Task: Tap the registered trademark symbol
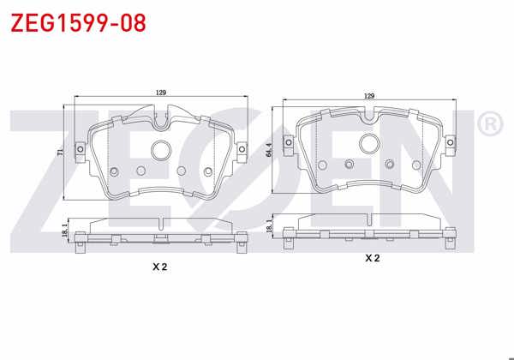click(490, 125)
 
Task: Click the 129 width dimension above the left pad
click(160, 93)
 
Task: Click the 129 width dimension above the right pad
click(370, 96)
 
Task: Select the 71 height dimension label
click(59, 152)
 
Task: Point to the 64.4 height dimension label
click(268, 150)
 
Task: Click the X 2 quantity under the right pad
click(372, 257)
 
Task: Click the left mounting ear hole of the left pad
click(81, 152)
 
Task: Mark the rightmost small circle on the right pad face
click(416, 164)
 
